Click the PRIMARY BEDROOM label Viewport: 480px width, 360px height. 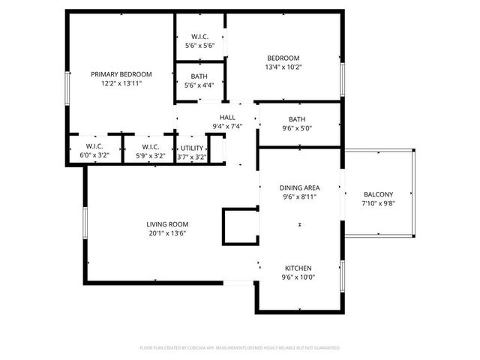[x=121, y=74]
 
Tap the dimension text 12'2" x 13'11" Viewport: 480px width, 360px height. [x=121, y=83]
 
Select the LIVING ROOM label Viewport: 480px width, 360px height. [x=166, y=224]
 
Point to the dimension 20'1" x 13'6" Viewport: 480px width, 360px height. [x=166, y=233]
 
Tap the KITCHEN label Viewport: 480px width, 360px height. [x=298, y=268]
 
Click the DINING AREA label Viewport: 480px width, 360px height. [x=299, y=187]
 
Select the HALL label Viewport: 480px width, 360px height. [x=227, y=118]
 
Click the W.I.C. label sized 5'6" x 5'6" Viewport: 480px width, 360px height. [x=199, y=36]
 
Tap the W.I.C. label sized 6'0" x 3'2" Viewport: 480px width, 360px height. [x=94, y=146]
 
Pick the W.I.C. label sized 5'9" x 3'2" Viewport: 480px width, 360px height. [x=149, y=146]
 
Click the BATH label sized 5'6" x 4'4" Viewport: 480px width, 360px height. [x=199, y=76]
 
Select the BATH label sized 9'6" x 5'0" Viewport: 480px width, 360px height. [x=297, y=118]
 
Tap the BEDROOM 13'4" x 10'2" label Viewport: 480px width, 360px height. [x=283, y=58]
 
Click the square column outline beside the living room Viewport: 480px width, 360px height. [x=240, y=226]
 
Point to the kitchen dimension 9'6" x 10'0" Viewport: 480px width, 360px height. [x=298, y=277]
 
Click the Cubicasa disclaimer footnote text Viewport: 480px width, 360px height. [x=240, y=348]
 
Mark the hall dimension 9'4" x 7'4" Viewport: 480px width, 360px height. [x=227, y=127]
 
